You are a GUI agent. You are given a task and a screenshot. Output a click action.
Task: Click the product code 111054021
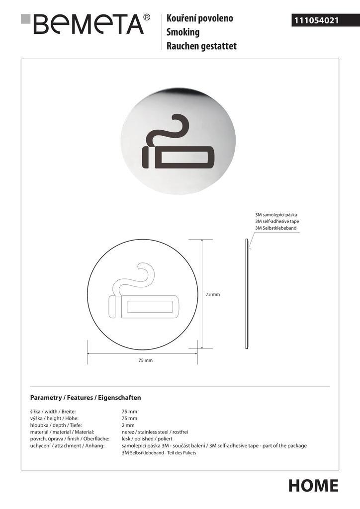coord(316,20)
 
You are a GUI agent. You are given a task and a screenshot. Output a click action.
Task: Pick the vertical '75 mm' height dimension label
coord(212,294)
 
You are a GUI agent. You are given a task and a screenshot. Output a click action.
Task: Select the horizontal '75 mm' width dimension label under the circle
coord(145,360)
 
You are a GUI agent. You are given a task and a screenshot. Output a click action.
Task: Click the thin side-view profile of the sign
coord(247,293)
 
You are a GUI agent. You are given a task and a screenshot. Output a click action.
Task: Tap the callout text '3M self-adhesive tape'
coord(277,221)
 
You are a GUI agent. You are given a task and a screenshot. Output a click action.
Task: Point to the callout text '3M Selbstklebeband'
coord(275,228)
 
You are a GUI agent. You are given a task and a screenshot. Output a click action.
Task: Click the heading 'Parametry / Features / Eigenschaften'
coord(86,398)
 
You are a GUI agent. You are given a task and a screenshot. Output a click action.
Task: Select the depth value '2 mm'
coord(128,425)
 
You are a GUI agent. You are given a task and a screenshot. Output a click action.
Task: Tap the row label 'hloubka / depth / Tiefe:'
coord(56,425)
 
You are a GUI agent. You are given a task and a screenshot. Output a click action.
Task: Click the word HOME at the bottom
coord(313,485)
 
